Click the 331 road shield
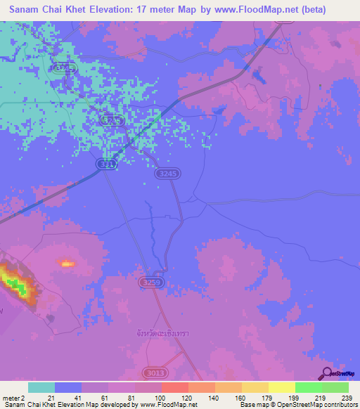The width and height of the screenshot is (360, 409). (x=105, y=164)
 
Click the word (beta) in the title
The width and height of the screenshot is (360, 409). (x=310, y=10)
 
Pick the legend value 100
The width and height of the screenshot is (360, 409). (x=160, y=397)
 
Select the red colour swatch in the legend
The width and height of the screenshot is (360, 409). (x=175, y=387)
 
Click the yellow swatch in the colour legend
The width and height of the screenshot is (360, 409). (x=281, y=387)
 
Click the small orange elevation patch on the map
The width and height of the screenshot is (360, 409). (x=67, y=264)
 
